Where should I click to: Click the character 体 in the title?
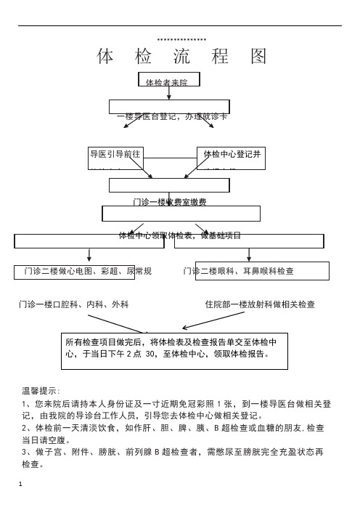point(105,56)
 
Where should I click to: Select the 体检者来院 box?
point(168,81)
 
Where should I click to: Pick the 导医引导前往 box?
point(115,155)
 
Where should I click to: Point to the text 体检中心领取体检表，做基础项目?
point(180,235)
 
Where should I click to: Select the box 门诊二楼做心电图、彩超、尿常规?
point(87,272)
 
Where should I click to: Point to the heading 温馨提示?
point(42,391)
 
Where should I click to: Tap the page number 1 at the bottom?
point(23,482)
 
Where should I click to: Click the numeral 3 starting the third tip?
point(25,452)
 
